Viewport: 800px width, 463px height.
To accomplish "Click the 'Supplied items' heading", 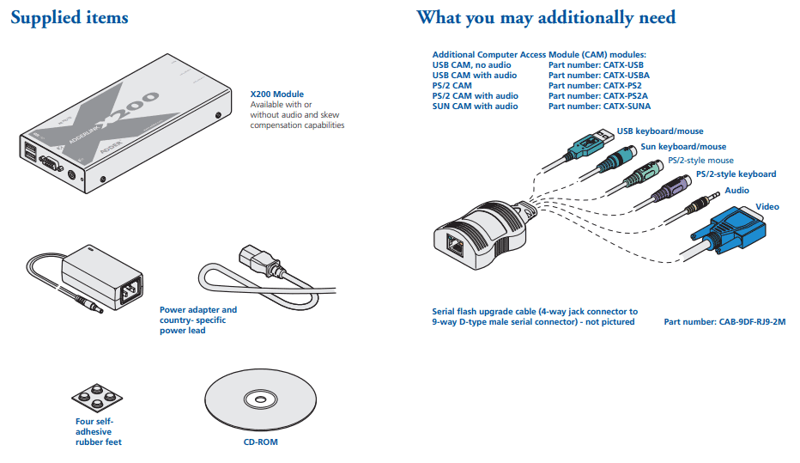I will (x=70, y=18).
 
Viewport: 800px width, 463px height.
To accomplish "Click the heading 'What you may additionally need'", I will (x=545, y=18).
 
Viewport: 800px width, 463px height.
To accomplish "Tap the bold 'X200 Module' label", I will (x=276, y=94).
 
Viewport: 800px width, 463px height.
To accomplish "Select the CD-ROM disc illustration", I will (x=257, y=399).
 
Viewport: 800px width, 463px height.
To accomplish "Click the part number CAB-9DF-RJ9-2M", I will (x=724, y=322).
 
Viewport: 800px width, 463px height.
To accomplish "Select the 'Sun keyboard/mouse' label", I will (x=683, y=147).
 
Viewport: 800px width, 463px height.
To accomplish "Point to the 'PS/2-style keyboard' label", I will (x=736, y=174).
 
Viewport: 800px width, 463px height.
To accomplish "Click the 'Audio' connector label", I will (x=736, y=191).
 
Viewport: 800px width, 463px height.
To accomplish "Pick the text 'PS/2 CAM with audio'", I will (x=475, y=96).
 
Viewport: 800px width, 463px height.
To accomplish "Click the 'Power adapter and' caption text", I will (x=198, y=310).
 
